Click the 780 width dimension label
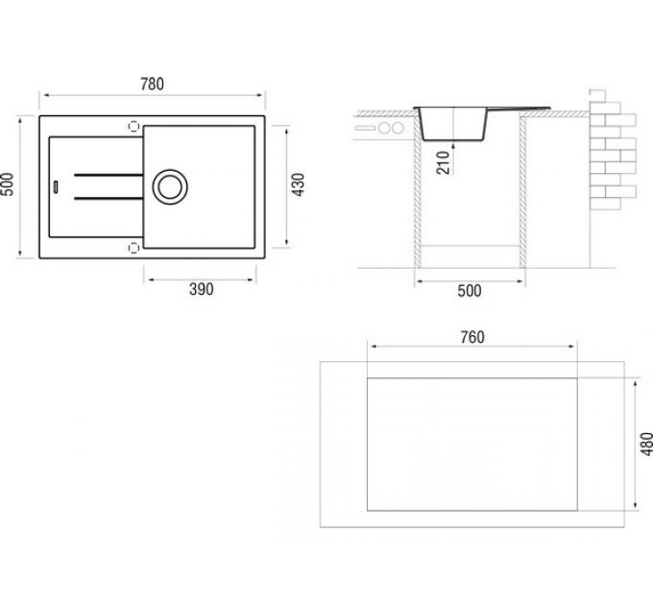coord(152,85)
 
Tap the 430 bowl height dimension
coord(299,184)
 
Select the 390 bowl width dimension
coord(201,289)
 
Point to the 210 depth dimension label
coord(444,163)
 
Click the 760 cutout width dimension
coord(472,337)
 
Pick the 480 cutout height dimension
coord(646,444)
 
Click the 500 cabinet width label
coord(470,291)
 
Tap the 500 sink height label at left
coord(8,184)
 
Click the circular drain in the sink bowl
coord(170,187)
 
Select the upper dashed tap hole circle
coord(133,126)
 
